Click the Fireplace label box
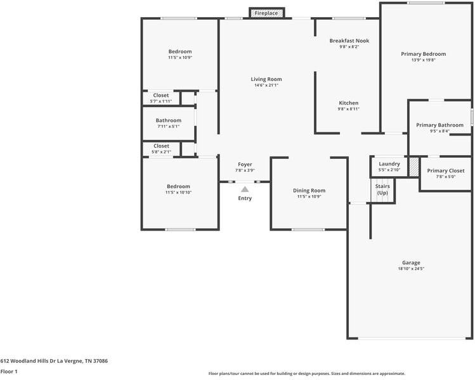click(x=266, y=13)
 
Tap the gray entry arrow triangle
click(x=245, y=189)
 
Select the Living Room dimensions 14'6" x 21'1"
click(x=266, y=85)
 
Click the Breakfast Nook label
click(x=349, y=41)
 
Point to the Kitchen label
click(x=349, y=103)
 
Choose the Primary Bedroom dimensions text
click(x=424, y=60)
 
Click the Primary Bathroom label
click(x=439, y=125)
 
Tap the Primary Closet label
click(x=446, y=170)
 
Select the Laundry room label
click(x=389, y=163)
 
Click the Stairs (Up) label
click(x=382, y=189)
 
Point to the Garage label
click(x=411, y=263)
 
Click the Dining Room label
click(x=309, y=191)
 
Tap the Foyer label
click(x=245, y=164)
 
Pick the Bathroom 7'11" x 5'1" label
click(x=169, y=123)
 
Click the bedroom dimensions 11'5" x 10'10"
click(x=178, y=193)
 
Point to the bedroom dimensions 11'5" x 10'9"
click(x=180, y=58)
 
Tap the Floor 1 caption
click(x=9, y=371)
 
